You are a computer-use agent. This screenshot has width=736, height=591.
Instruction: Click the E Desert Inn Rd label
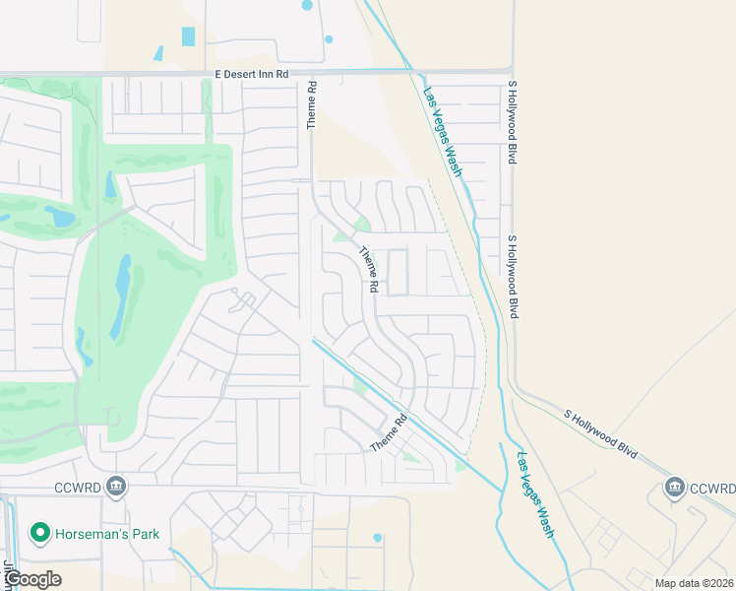click(x=252, y=74)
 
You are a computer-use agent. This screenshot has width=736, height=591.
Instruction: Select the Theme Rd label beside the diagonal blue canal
click(x=388, y=434)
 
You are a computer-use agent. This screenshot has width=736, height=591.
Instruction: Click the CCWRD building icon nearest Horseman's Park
click(x=116, y=487)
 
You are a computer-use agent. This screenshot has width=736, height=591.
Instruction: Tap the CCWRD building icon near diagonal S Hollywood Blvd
click(x=674, y=487)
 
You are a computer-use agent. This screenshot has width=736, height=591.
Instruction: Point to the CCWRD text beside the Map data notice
click(x=711, y=488)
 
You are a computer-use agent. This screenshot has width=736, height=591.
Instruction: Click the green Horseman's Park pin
click(x=40, y=534)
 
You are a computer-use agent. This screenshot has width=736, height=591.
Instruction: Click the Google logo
click(x=32, y=579)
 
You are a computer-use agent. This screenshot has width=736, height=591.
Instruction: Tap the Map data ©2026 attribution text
click(x=694, y=582)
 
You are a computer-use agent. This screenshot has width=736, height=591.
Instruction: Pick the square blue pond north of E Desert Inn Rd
click(x=188, y=36)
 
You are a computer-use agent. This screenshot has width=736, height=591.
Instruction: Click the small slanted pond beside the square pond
click(x=158, y=52)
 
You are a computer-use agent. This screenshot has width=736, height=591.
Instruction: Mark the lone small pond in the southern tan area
click(x=377, y=538)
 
